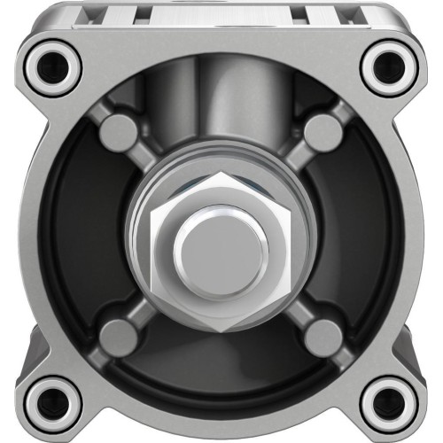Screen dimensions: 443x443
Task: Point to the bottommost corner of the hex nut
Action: point(221,330)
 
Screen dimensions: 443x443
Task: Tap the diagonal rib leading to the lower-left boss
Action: point(142,310)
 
